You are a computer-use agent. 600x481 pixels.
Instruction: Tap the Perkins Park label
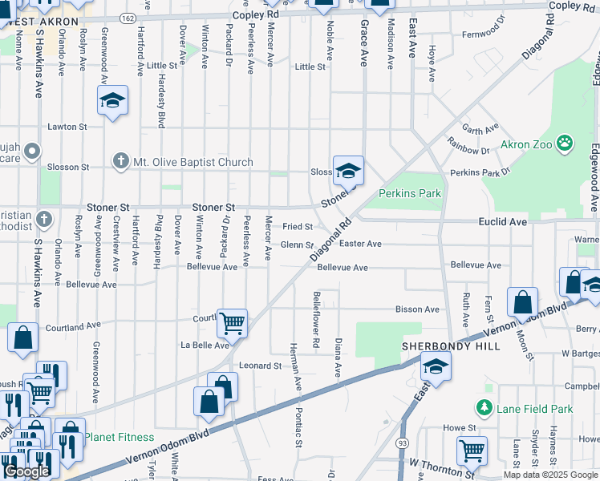[410, 193]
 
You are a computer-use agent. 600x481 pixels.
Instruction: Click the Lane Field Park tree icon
[484, 409]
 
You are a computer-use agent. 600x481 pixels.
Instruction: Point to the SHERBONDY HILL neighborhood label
[451, 346]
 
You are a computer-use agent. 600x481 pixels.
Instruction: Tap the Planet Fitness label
[120, 437]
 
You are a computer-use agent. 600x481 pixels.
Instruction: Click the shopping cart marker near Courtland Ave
[232, 323]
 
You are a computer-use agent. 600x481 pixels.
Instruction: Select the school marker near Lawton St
[113, 100]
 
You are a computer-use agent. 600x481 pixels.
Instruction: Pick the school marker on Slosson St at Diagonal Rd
[348, 171]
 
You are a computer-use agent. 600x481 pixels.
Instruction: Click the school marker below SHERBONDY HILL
[436, 366]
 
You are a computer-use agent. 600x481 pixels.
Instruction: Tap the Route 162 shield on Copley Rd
[129, 16]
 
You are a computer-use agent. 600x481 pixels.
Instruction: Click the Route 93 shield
[399, 443]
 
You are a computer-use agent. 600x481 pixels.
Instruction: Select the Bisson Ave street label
[418, 309]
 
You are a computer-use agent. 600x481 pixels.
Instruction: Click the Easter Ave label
[360, 244]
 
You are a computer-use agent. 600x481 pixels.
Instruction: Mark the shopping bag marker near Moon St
[522, 303]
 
